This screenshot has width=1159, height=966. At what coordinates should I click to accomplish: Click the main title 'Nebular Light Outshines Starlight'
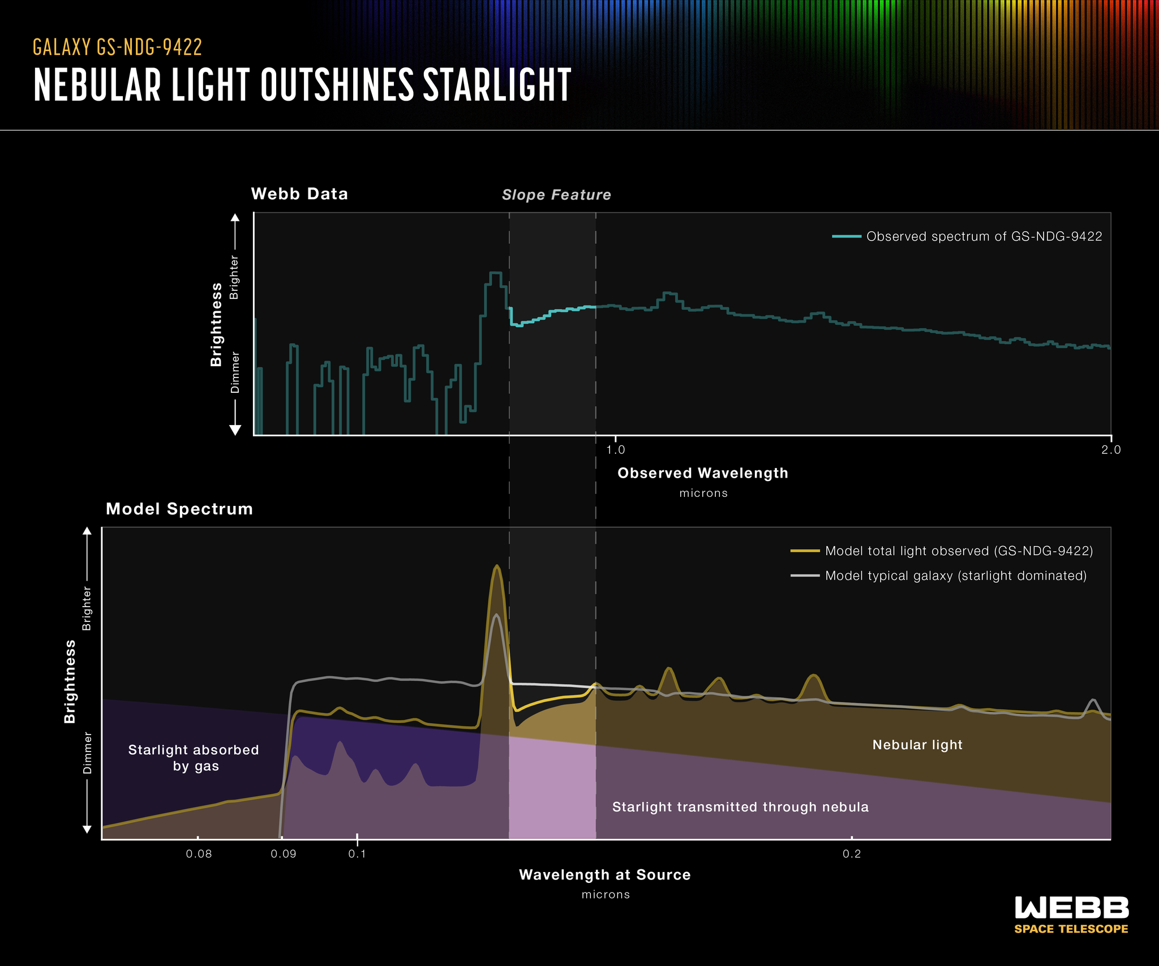point(302,85)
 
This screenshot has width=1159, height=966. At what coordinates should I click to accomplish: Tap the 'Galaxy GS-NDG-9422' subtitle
point(117,48)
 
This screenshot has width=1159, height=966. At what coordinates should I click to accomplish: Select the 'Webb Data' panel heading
point(299,194)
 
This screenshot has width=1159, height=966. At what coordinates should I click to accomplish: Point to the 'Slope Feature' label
point(556,195)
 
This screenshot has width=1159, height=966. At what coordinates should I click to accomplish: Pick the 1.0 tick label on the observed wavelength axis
point(616,450)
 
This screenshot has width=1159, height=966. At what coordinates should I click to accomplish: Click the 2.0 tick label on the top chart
point(1111,450)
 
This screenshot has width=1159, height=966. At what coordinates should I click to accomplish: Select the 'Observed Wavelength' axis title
point(703,473)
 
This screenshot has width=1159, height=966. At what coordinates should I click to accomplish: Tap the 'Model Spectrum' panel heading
point(179,509)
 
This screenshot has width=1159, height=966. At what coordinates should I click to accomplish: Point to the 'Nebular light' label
point(917,745)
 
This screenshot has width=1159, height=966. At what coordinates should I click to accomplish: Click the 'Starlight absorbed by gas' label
point(194,758)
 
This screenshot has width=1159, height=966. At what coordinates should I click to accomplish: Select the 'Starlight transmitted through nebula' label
point(740,807)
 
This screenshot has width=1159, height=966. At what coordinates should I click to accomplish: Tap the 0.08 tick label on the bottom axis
point(199,854)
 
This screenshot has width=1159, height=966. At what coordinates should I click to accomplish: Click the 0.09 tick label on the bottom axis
point(284,854)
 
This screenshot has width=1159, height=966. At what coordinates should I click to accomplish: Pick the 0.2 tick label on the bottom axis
point(852,854)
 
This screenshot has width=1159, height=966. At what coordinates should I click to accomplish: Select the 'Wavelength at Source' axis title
point(605,875)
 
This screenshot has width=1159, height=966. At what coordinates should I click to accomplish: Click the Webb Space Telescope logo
point(1071,915)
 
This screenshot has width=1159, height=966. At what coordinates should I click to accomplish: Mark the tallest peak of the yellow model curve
point(497,566)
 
